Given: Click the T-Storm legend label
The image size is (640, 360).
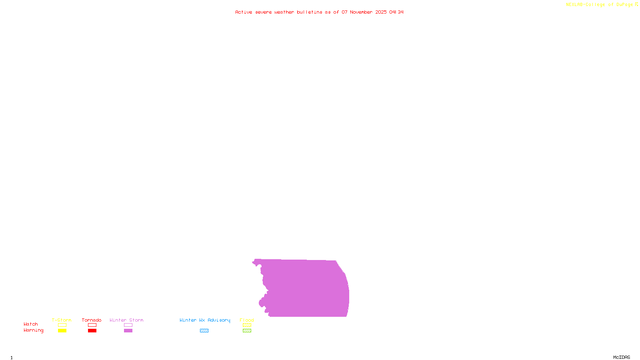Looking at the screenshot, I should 62,320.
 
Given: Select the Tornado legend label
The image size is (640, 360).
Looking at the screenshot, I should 92,320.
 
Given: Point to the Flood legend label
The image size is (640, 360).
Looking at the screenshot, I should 247,320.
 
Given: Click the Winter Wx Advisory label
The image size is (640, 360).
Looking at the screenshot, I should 205,320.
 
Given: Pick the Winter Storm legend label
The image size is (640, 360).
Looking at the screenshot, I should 126,320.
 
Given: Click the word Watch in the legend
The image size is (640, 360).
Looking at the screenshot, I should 31,324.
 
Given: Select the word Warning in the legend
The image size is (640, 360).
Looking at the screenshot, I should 34,330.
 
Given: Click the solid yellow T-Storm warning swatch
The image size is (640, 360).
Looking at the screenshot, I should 62,331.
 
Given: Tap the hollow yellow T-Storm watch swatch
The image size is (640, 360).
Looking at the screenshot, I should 62,325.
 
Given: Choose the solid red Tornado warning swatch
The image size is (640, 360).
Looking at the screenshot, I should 92,331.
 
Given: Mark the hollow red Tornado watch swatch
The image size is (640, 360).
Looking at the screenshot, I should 92,325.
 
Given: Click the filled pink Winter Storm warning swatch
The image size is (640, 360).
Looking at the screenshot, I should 128,331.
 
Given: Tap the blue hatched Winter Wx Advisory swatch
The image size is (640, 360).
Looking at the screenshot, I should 204,331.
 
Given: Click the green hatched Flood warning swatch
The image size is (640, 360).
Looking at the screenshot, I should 247,331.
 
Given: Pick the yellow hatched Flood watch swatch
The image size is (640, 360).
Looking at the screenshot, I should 247,325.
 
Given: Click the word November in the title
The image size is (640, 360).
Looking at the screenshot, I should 361,12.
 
